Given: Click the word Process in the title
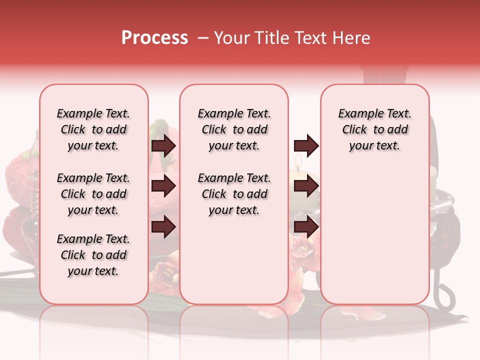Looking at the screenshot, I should pos(154,38).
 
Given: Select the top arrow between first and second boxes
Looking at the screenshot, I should pos(163,146).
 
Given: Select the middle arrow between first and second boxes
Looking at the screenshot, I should pos(163,186).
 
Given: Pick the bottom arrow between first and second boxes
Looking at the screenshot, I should pos(163,227).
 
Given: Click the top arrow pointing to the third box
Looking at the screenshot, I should pos(306,146).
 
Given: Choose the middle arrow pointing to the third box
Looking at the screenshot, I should pos(306,186).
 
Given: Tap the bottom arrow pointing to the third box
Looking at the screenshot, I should pos(306,227).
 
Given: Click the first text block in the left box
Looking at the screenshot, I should pos(93,129).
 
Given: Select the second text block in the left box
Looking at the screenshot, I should pos(93,194).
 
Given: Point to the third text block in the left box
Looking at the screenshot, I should pos(93,255).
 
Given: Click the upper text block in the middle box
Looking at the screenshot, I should pos(234,129).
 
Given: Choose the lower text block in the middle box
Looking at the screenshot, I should pos(234,194).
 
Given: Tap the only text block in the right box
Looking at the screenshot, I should pos(374,129).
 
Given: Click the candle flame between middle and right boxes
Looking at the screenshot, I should pos(298,161).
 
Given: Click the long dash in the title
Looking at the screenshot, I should pos(201,38).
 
